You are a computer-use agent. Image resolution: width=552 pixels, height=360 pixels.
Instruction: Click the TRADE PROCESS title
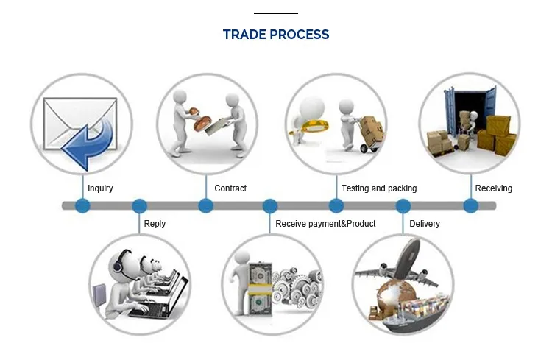(276, 35)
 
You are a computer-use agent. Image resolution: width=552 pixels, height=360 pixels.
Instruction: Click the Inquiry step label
(100, 188)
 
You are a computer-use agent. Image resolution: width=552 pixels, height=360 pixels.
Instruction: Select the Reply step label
(155, 224)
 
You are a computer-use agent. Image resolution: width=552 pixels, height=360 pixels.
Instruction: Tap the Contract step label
(230, 188)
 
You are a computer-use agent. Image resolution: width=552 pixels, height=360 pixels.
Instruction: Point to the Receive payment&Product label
(325, 224)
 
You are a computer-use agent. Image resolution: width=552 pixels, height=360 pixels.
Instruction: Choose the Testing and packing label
(379, 188)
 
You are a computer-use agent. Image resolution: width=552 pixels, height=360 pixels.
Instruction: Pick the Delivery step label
(425, 224)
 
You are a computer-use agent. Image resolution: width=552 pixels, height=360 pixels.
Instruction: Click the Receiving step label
(493, 188)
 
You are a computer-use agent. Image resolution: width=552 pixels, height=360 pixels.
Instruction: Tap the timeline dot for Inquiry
(82, 206)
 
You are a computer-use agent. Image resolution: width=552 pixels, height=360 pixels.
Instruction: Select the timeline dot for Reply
(139, 206)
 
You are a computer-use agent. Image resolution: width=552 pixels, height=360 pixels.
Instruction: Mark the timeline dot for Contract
(206, 206)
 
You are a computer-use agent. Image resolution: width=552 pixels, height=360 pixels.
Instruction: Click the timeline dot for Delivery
(404, 206)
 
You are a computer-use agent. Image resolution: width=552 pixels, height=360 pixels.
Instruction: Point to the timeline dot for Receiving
(470, 206)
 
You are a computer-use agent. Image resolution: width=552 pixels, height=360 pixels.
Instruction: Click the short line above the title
(276, 13)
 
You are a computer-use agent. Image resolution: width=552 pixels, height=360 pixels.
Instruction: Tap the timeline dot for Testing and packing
(336, 206)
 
